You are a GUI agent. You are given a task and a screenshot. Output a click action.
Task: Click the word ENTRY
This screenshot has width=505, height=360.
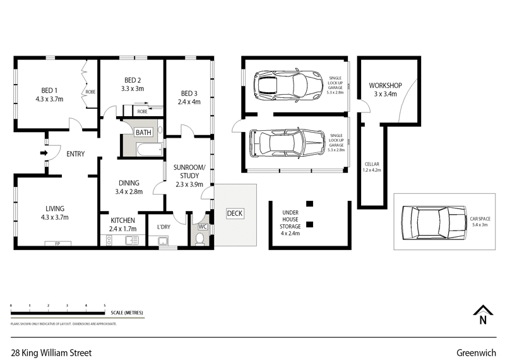[75, 153]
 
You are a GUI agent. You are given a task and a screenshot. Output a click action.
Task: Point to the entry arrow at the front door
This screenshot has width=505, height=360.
[44, 153]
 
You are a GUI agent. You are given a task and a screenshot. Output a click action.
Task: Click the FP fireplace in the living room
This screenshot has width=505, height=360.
[57, 243]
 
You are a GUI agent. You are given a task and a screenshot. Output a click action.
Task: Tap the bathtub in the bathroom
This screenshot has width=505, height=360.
[141, 151]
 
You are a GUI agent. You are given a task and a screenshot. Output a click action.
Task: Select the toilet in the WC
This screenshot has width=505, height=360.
[201, 239]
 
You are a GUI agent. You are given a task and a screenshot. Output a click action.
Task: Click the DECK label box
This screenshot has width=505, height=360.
[234, 213]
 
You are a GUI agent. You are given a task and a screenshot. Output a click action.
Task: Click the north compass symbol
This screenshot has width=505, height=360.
[483, 315]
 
